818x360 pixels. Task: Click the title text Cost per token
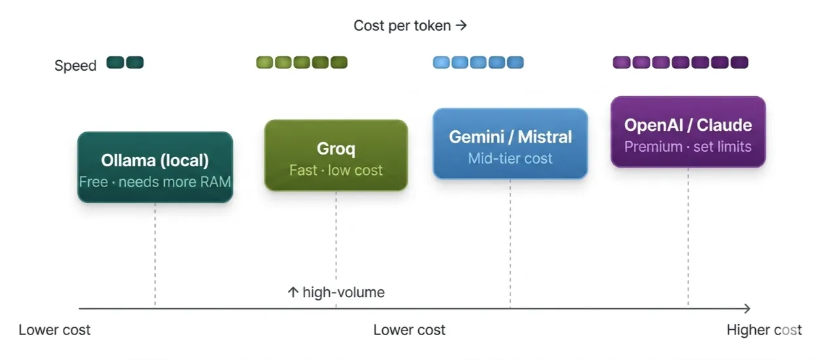[402, 26]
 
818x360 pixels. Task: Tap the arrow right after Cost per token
[461, 25]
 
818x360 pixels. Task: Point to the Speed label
[75, 65]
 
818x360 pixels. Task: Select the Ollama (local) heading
[155, 160]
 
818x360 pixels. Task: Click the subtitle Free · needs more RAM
[155, 182]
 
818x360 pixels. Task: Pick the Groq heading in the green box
[336, 149]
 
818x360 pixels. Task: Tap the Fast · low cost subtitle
[336, 170]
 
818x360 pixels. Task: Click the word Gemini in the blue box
[476, 137]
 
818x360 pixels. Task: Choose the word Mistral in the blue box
[545, 137]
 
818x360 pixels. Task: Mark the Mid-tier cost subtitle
[510, 158]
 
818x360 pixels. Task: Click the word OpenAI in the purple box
[653, 125]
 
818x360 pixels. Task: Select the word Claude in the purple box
[724, 125]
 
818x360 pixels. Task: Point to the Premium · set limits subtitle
[688, 147]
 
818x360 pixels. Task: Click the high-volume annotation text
[344, 293]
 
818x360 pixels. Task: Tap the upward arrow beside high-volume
[293, 292]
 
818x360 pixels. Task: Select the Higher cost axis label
[764, 330]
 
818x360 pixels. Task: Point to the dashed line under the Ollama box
[155, 255]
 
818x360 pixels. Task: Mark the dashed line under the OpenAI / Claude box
[688, 237]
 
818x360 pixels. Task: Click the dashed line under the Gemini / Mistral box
[510, 243]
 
